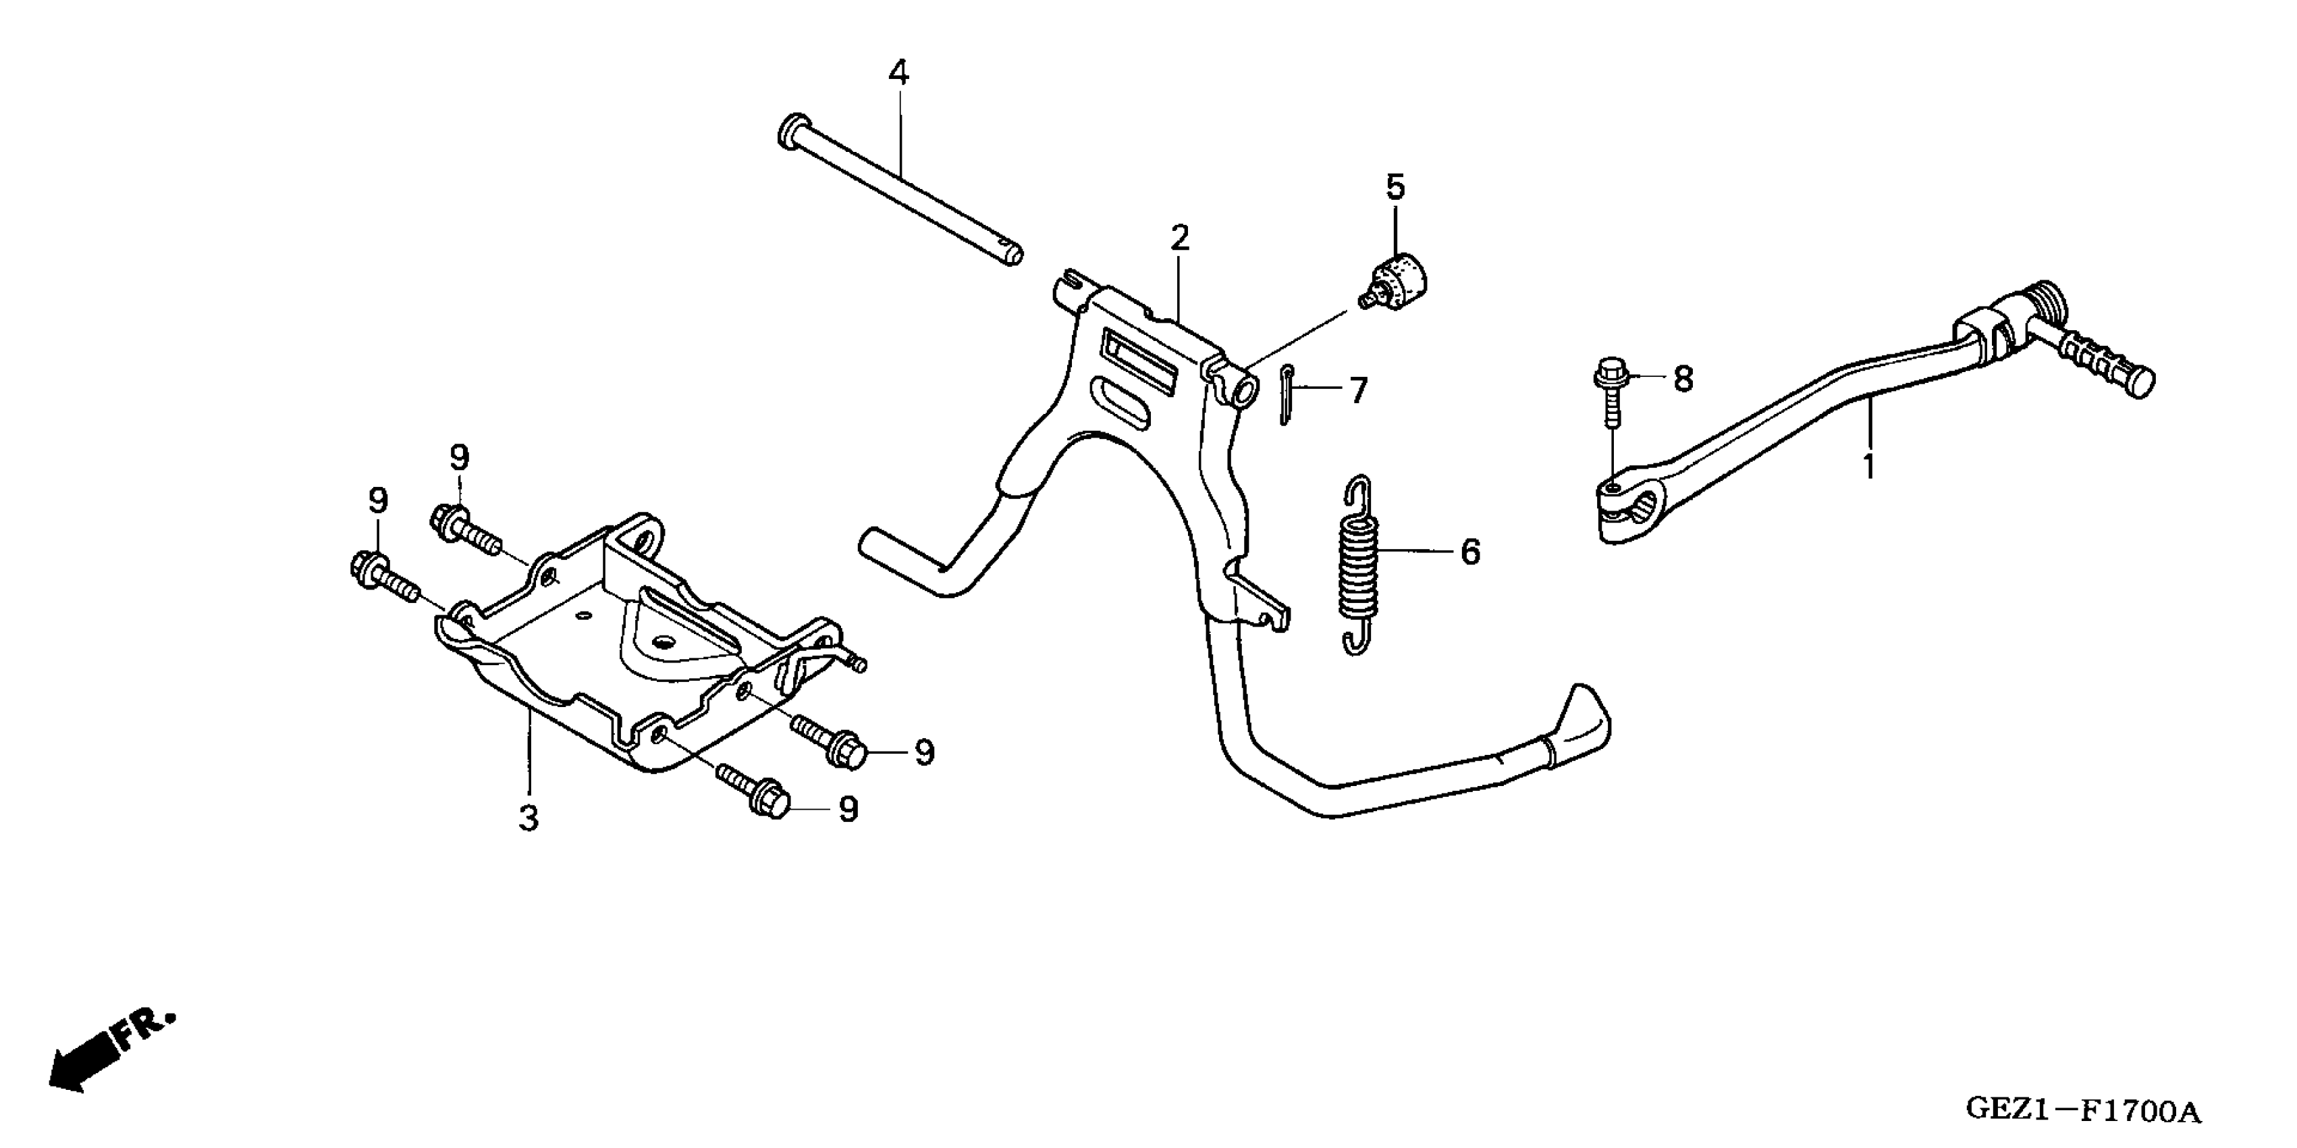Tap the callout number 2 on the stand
(x=1180, y=238)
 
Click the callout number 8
(x=1683, y=379)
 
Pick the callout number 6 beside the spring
(x=1469, y=552)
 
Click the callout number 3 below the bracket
(x=529, y=818)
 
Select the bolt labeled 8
(x=1611, y=398)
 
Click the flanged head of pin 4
(x=792, y=131)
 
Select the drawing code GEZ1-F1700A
(x=2083, y=1112)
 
